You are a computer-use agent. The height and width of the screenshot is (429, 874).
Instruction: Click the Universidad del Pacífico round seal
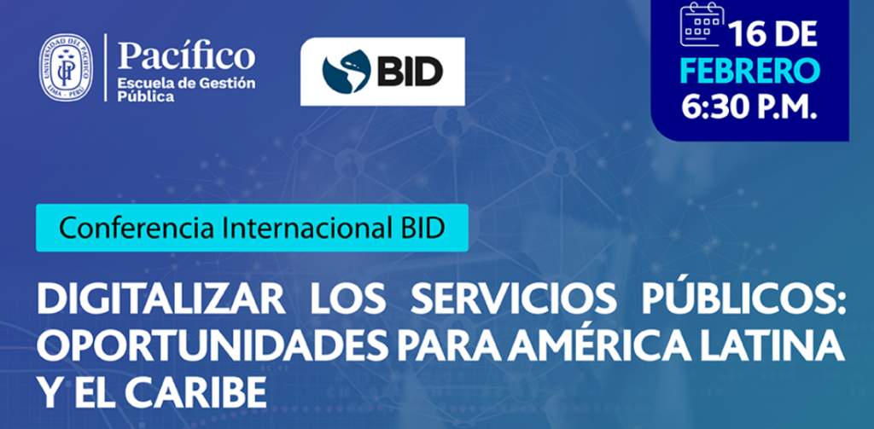coord(67,67)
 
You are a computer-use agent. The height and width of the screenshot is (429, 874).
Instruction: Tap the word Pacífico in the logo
coord(186,57)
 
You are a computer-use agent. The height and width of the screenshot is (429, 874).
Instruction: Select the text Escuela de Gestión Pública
coord(185,90)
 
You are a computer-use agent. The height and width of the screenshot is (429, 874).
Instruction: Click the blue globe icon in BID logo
coord(347,72)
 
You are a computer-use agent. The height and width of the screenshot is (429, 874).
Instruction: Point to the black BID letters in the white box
coord(411,72)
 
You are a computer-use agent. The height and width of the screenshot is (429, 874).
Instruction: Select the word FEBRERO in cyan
coord(751,72)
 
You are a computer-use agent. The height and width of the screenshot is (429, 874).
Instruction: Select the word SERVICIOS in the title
coord(513,301)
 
